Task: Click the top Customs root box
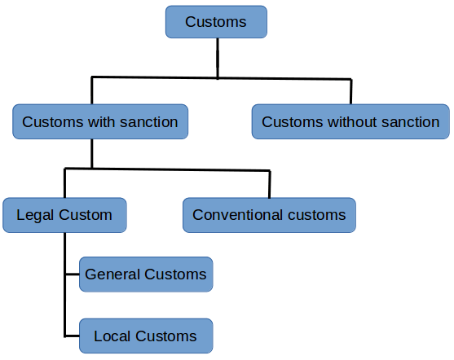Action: [216, 22]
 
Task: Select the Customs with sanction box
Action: [100, 122]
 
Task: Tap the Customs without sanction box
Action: [350, 122]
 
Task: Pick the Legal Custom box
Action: [64, 215]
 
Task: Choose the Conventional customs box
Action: [269, 215]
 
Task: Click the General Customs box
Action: [146, 274]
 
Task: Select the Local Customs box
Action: [146, 336]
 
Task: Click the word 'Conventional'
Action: [231, 215]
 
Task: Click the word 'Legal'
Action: [33, 215]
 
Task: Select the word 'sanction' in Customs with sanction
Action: [148, 122]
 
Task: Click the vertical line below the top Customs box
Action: [217, 58]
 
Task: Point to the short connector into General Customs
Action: [72, 274]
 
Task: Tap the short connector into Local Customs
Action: [72, 336]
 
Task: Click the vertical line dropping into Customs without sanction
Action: [351, 91]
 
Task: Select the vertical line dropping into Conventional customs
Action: [269, 184]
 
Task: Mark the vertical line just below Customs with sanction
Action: [92, 152]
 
